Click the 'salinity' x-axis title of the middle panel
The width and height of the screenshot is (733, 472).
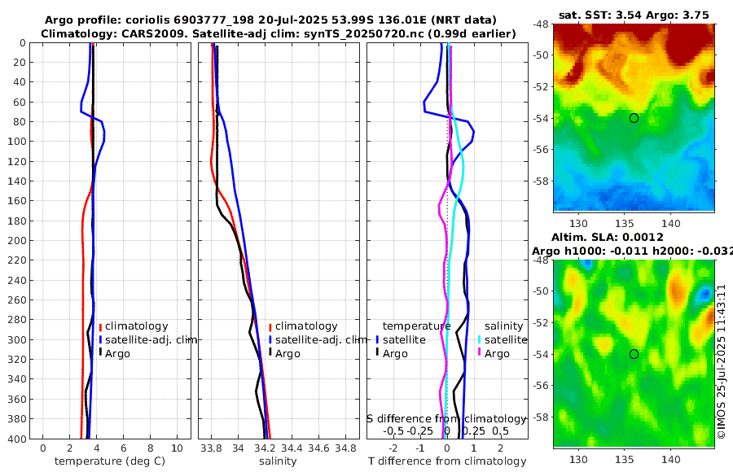click(x=278, y=461)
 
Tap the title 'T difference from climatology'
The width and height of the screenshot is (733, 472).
click(x=447, y=461)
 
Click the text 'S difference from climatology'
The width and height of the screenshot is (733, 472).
click(x=446, y=418)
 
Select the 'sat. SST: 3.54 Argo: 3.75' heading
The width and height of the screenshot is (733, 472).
click(x=634, y=14)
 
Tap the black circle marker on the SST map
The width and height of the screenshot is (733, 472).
click(x=634, y=118)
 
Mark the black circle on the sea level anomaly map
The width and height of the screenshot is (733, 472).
click(x=634, y=354)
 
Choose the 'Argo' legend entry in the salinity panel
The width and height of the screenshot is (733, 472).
click(x=287, y=354)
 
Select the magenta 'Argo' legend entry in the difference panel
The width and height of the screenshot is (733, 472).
click(x=497, y=354)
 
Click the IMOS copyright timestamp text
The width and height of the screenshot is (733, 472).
click(x=722, y=363)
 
